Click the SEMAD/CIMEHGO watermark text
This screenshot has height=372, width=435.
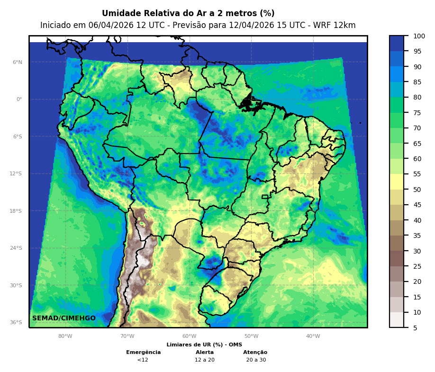(x=64, y=318)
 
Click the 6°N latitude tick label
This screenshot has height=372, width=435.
(x=18, y=62)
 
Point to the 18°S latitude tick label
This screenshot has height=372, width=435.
(x=16, y=211)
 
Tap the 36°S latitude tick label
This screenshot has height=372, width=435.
(x=16, y=322)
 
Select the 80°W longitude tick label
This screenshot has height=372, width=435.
(x=65, y=336)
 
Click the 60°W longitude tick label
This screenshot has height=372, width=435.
(x=189, y=336)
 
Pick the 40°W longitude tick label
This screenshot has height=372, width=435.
(x=313, y=336)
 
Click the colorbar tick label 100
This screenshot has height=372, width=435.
(x=419, y=36)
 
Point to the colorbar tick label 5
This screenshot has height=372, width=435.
(x=415, y=327)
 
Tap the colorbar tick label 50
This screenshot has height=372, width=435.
(x=417, y=190)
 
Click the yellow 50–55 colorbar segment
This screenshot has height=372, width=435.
(x=397, y=182)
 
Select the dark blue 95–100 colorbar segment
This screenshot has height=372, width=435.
(x=397, y=43)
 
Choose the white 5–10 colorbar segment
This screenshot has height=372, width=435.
(x=397, y=320)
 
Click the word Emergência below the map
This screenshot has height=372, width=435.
(x=143, y=353)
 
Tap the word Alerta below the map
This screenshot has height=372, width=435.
(x=205, y=353)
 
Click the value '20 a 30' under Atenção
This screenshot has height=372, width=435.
(x=256, y=360)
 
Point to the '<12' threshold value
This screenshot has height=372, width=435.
(x=143, y=360)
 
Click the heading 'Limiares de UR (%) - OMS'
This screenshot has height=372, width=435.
(x=204, y=345)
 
